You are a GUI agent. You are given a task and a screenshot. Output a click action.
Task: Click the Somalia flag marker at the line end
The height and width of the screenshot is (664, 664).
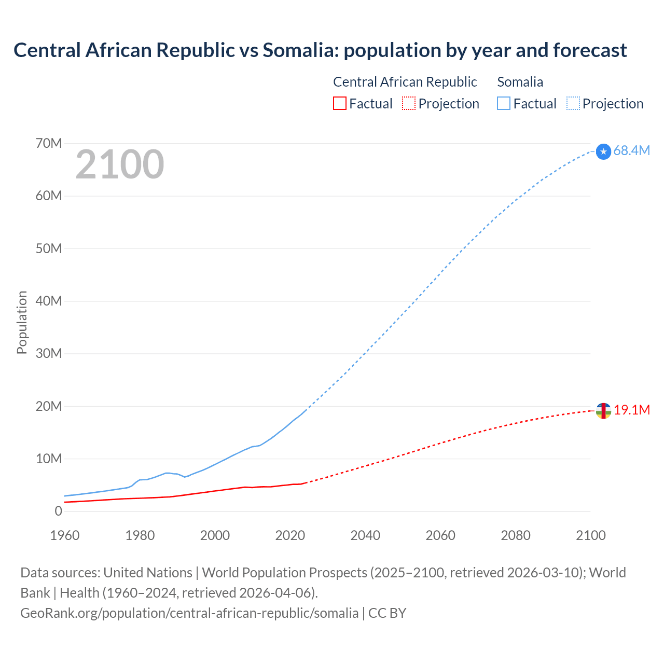coord(603,151)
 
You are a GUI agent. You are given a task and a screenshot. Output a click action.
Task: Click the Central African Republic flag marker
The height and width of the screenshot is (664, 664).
coord(603,411)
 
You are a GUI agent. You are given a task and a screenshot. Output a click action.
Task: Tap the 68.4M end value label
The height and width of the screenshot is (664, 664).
coord(631,150)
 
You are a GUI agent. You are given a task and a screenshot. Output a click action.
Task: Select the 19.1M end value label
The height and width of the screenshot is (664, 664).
coord(632,410)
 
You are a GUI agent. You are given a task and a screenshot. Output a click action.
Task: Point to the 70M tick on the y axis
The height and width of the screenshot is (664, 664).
coord(49,143)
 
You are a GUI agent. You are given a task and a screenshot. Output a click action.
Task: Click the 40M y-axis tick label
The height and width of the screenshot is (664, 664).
coord(49,301)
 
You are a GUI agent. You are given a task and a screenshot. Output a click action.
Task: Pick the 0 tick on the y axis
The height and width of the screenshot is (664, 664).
coord(58,511)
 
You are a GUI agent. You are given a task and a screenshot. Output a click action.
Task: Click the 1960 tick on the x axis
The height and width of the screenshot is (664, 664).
coord(65,535)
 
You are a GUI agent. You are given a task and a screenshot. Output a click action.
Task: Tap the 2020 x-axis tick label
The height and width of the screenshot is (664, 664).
coord(290,535)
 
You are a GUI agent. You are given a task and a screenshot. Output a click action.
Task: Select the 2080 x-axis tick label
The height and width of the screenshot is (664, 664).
coord(516,535)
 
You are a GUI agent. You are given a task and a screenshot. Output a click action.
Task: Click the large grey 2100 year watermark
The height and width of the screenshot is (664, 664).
coord(120,164)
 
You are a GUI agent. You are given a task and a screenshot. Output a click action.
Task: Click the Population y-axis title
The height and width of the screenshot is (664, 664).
coord(22,322)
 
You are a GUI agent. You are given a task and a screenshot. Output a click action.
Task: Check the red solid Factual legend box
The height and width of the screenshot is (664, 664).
coord(339,103)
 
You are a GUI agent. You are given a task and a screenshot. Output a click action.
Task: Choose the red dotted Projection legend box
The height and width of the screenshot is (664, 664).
coord(409,103)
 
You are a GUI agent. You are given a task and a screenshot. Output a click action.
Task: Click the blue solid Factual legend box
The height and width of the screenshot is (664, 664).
coord(504,103)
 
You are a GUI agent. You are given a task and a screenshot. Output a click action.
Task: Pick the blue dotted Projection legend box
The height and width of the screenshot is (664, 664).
coord(573,103)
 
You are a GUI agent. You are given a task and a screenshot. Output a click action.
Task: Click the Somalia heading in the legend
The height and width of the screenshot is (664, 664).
coord(520,82)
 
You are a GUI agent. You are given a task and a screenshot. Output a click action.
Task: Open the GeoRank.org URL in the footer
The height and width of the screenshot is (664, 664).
coord(189,613)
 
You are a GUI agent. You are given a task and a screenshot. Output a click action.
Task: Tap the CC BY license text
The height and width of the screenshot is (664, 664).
coord(387,613)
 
